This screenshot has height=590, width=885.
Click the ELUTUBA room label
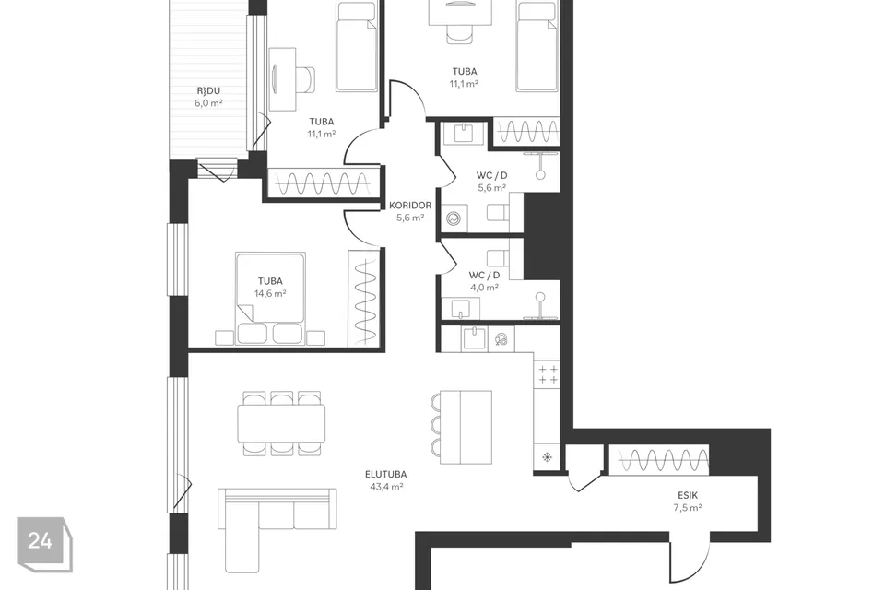[x=385, y=474]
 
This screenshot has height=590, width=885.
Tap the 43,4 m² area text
[x=386, y=487]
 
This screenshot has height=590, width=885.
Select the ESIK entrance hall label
[x=688, y=495]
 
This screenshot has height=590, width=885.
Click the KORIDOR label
[x=410, y=206]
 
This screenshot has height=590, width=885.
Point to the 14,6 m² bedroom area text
[x=270, y=293]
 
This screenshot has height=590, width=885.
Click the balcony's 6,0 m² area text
[x=208, y=103]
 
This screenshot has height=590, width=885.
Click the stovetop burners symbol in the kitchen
[x=548, y=374]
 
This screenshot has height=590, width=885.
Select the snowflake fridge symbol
[x=547, y=457]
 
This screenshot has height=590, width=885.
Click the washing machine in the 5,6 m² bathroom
[x=454, y=218]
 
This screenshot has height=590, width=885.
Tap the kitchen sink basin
[x=474, y=338]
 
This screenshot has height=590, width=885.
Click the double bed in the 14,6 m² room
[x=270, y=298]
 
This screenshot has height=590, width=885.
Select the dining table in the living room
[x=281, y=423]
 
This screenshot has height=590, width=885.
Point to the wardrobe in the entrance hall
[x=658, y=460]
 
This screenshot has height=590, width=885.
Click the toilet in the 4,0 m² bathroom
[x=497, y=258]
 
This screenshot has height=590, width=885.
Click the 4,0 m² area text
[x=484, y=288]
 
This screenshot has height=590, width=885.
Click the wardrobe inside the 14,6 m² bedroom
[x=365, y=298]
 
